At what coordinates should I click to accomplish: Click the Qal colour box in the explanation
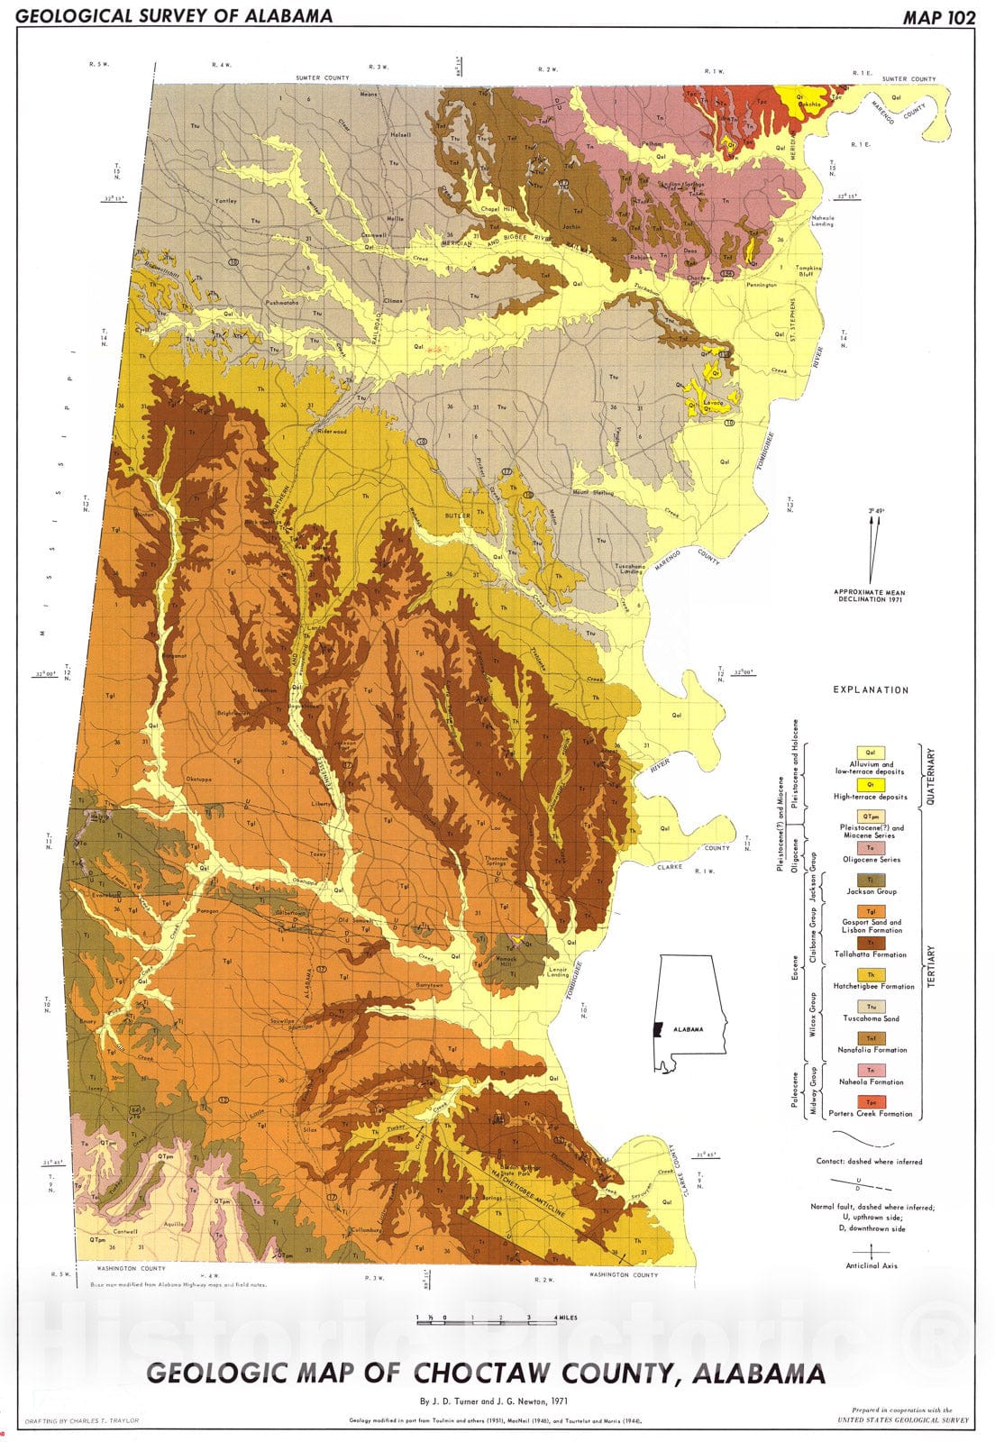(x=870, y=753)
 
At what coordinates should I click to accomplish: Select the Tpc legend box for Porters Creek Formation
(x=870, y=1102)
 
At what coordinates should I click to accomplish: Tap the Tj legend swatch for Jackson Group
(x=870, y=880)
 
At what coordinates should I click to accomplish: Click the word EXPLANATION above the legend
(x=870, y=689)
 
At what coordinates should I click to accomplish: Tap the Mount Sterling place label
(x=592, y=492)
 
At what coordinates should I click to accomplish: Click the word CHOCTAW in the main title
(x=473, y=1374)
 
